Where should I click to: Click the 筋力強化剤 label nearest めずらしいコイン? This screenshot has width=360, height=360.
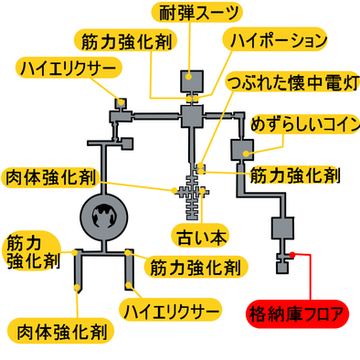tap(294, 173)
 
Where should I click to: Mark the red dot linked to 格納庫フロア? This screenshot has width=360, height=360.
tap(291, 254)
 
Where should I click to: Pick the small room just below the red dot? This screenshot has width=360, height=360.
tap(283, 269)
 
